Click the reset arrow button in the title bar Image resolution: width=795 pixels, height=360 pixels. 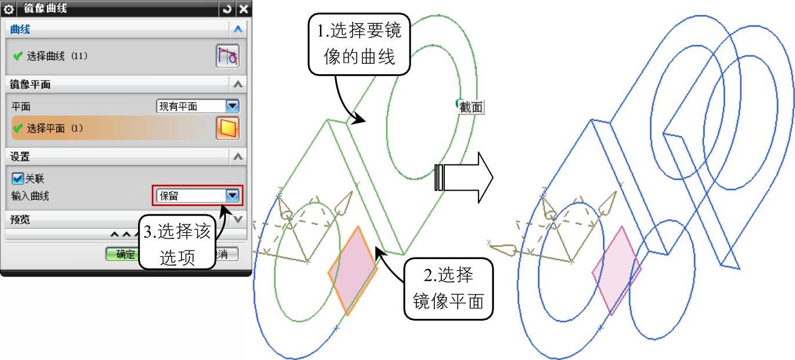coord(227,9)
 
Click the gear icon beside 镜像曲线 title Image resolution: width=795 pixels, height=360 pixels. coord(8,9)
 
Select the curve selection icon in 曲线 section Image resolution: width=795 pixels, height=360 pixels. coord(227,56)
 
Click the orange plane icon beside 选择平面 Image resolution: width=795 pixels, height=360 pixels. coord(227,128)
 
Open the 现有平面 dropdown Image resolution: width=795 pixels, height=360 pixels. coord(233,106)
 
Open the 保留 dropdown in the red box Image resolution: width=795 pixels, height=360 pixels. coord(233,196)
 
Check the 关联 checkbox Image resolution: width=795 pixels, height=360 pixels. coord(17,179)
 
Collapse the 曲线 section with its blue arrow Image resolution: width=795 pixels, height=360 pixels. coord(238,29)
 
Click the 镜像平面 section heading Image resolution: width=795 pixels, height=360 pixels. coord(31,85)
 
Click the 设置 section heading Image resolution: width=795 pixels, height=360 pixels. coord(20,157)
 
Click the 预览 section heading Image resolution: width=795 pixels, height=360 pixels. coord(20,220)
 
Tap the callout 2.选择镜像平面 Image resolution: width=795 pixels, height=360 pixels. coord(448,288)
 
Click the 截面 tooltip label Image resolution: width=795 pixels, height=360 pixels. coord(470,107)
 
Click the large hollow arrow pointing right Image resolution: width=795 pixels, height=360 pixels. coord(464,177)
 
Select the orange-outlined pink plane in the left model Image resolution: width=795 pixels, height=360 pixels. coord(353,271)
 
